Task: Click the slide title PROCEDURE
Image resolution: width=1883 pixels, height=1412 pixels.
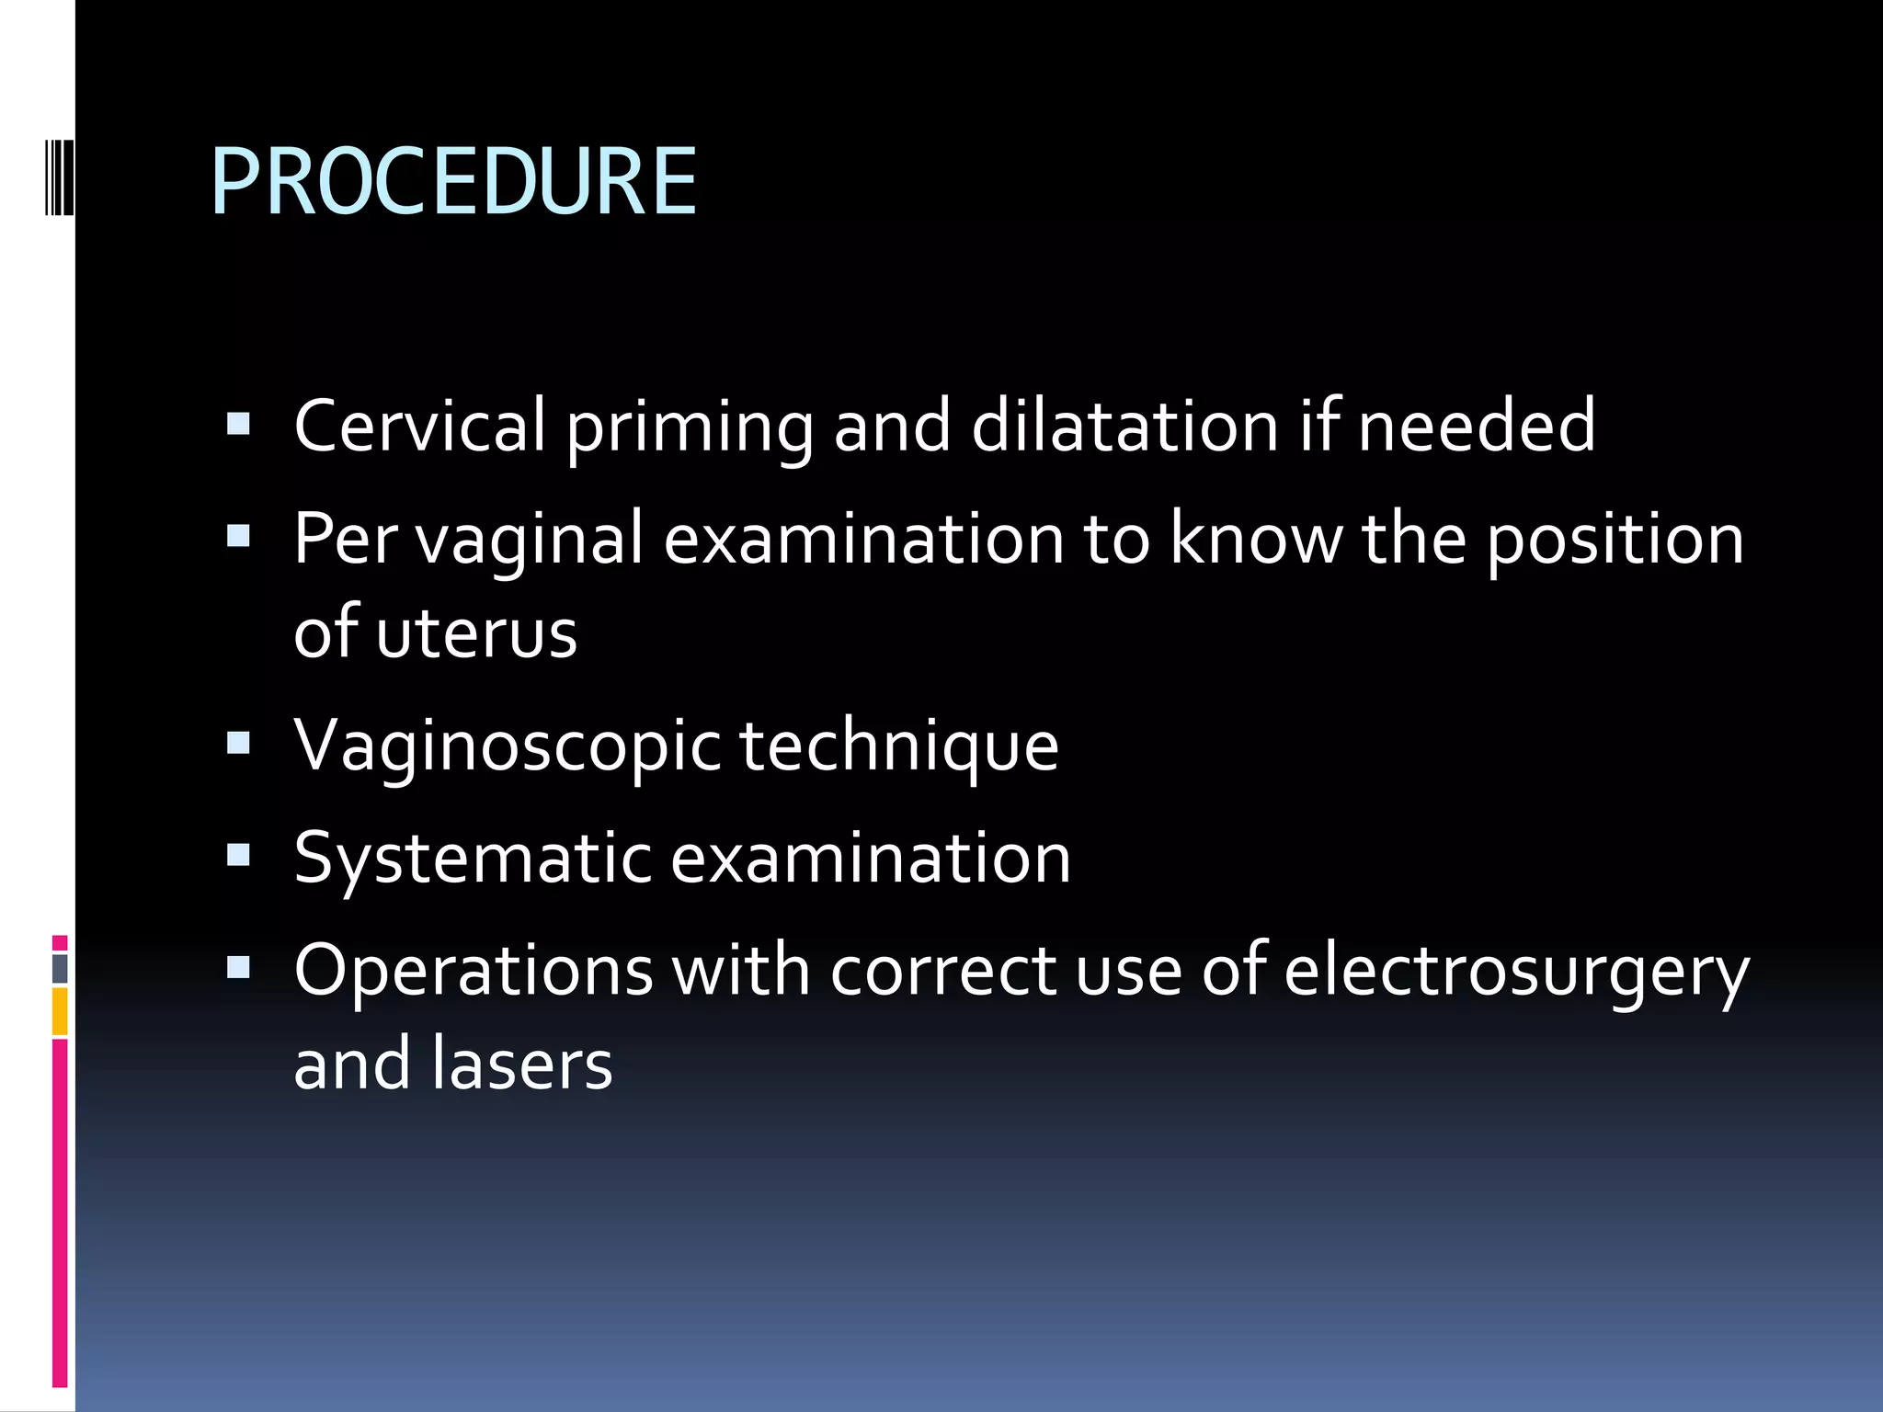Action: (x=454, y=182)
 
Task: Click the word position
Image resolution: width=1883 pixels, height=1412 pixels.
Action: (x=1615, y=541)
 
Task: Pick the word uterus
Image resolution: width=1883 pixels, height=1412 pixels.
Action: (x=476, y=632)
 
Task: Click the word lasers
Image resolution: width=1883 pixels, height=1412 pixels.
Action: (x=522, y=1064)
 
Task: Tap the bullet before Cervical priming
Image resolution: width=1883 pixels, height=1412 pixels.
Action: (x=238, y=424)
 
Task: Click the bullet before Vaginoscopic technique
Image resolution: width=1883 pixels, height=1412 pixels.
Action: (x=238, y=743)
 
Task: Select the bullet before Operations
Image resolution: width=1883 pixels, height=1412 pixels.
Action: (x=238, y=967)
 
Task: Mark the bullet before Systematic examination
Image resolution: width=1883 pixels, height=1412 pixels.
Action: (x=238, y=856)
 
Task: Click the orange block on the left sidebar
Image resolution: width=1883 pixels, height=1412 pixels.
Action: (x=60, y=1011)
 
